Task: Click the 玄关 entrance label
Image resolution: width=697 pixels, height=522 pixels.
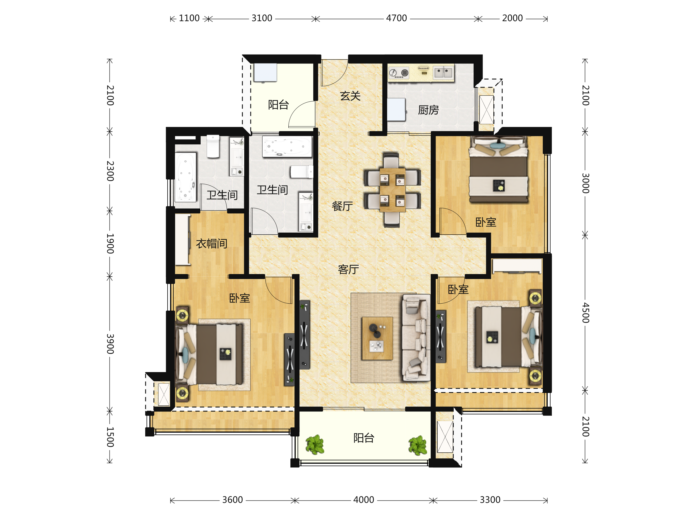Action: click(350, 96)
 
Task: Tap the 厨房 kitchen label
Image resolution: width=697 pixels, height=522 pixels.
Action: click(428, 110)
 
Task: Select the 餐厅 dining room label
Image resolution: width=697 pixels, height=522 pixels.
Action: click(342, 206)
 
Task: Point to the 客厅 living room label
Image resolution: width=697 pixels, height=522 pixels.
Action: click(348, 269)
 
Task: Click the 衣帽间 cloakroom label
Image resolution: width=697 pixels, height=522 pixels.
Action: click(211, 244)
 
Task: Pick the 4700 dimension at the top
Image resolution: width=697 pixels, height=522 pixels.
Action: click(396, 18)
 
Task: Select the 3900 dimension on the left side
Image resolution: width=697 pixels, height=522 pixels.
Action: click(110, 344)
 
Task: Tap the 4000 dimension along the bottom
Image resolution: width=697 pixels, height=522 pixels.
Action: click(364, 500)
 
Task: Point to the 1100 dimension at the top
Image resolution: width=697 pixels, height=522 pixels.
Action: click(189, 18)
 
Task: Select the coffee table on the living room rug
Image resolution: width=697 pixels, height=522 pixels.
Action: click(377, 338)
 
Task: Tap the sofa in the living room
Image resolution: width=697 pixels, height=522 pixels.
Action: click(416, 338)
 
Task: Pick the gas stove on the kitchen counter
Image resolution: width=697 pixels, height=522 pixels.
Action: click(399, 73)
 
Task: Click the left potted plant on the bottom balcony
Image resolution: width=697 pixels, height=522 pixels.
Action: click(315, 445)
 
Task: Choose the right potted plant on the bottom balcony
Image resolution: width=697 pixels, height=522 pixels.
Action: click(418, 445)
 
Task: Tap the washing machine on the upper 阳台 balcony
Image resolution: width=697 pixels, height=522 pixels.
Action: click(265, 73)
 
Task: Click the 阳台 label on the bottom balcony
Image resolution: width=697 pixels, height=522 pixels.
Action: click(364, 438)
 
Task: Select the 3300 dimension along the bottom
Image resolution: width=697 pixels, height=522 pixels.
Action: click(490, 500)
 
